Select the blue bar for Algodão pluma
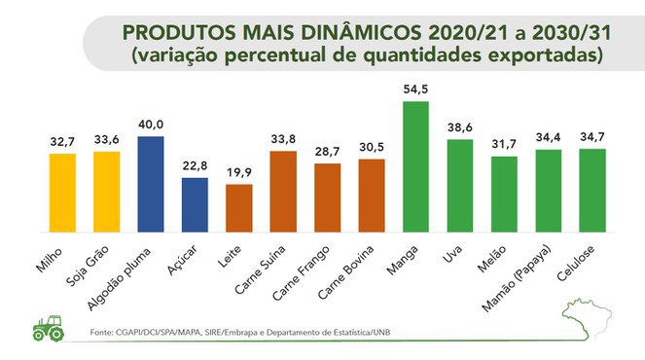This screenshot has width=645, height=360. (151, 185)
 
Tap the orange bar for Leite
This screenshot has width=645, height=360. (238, 209)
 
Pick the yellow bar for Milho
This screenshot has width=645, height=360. (63, 194)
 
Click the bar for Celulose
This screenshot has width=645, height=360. (591, 191)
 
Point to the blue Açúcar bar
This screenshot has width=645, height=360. (195, 205)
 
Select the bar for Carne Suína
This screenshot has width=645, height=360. (282, 192)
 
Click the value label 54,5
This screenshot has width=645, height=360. (415, 90)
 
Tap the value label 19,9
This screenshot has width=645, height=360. (238, 173)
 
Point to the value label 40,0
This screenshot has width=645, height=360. (151, 125)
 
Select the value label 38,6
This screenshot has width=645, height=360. (459, 128)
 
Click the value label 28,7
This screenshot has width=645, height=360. (327, 153)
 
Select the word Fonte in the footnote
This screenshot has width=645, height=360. (102, 333)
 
